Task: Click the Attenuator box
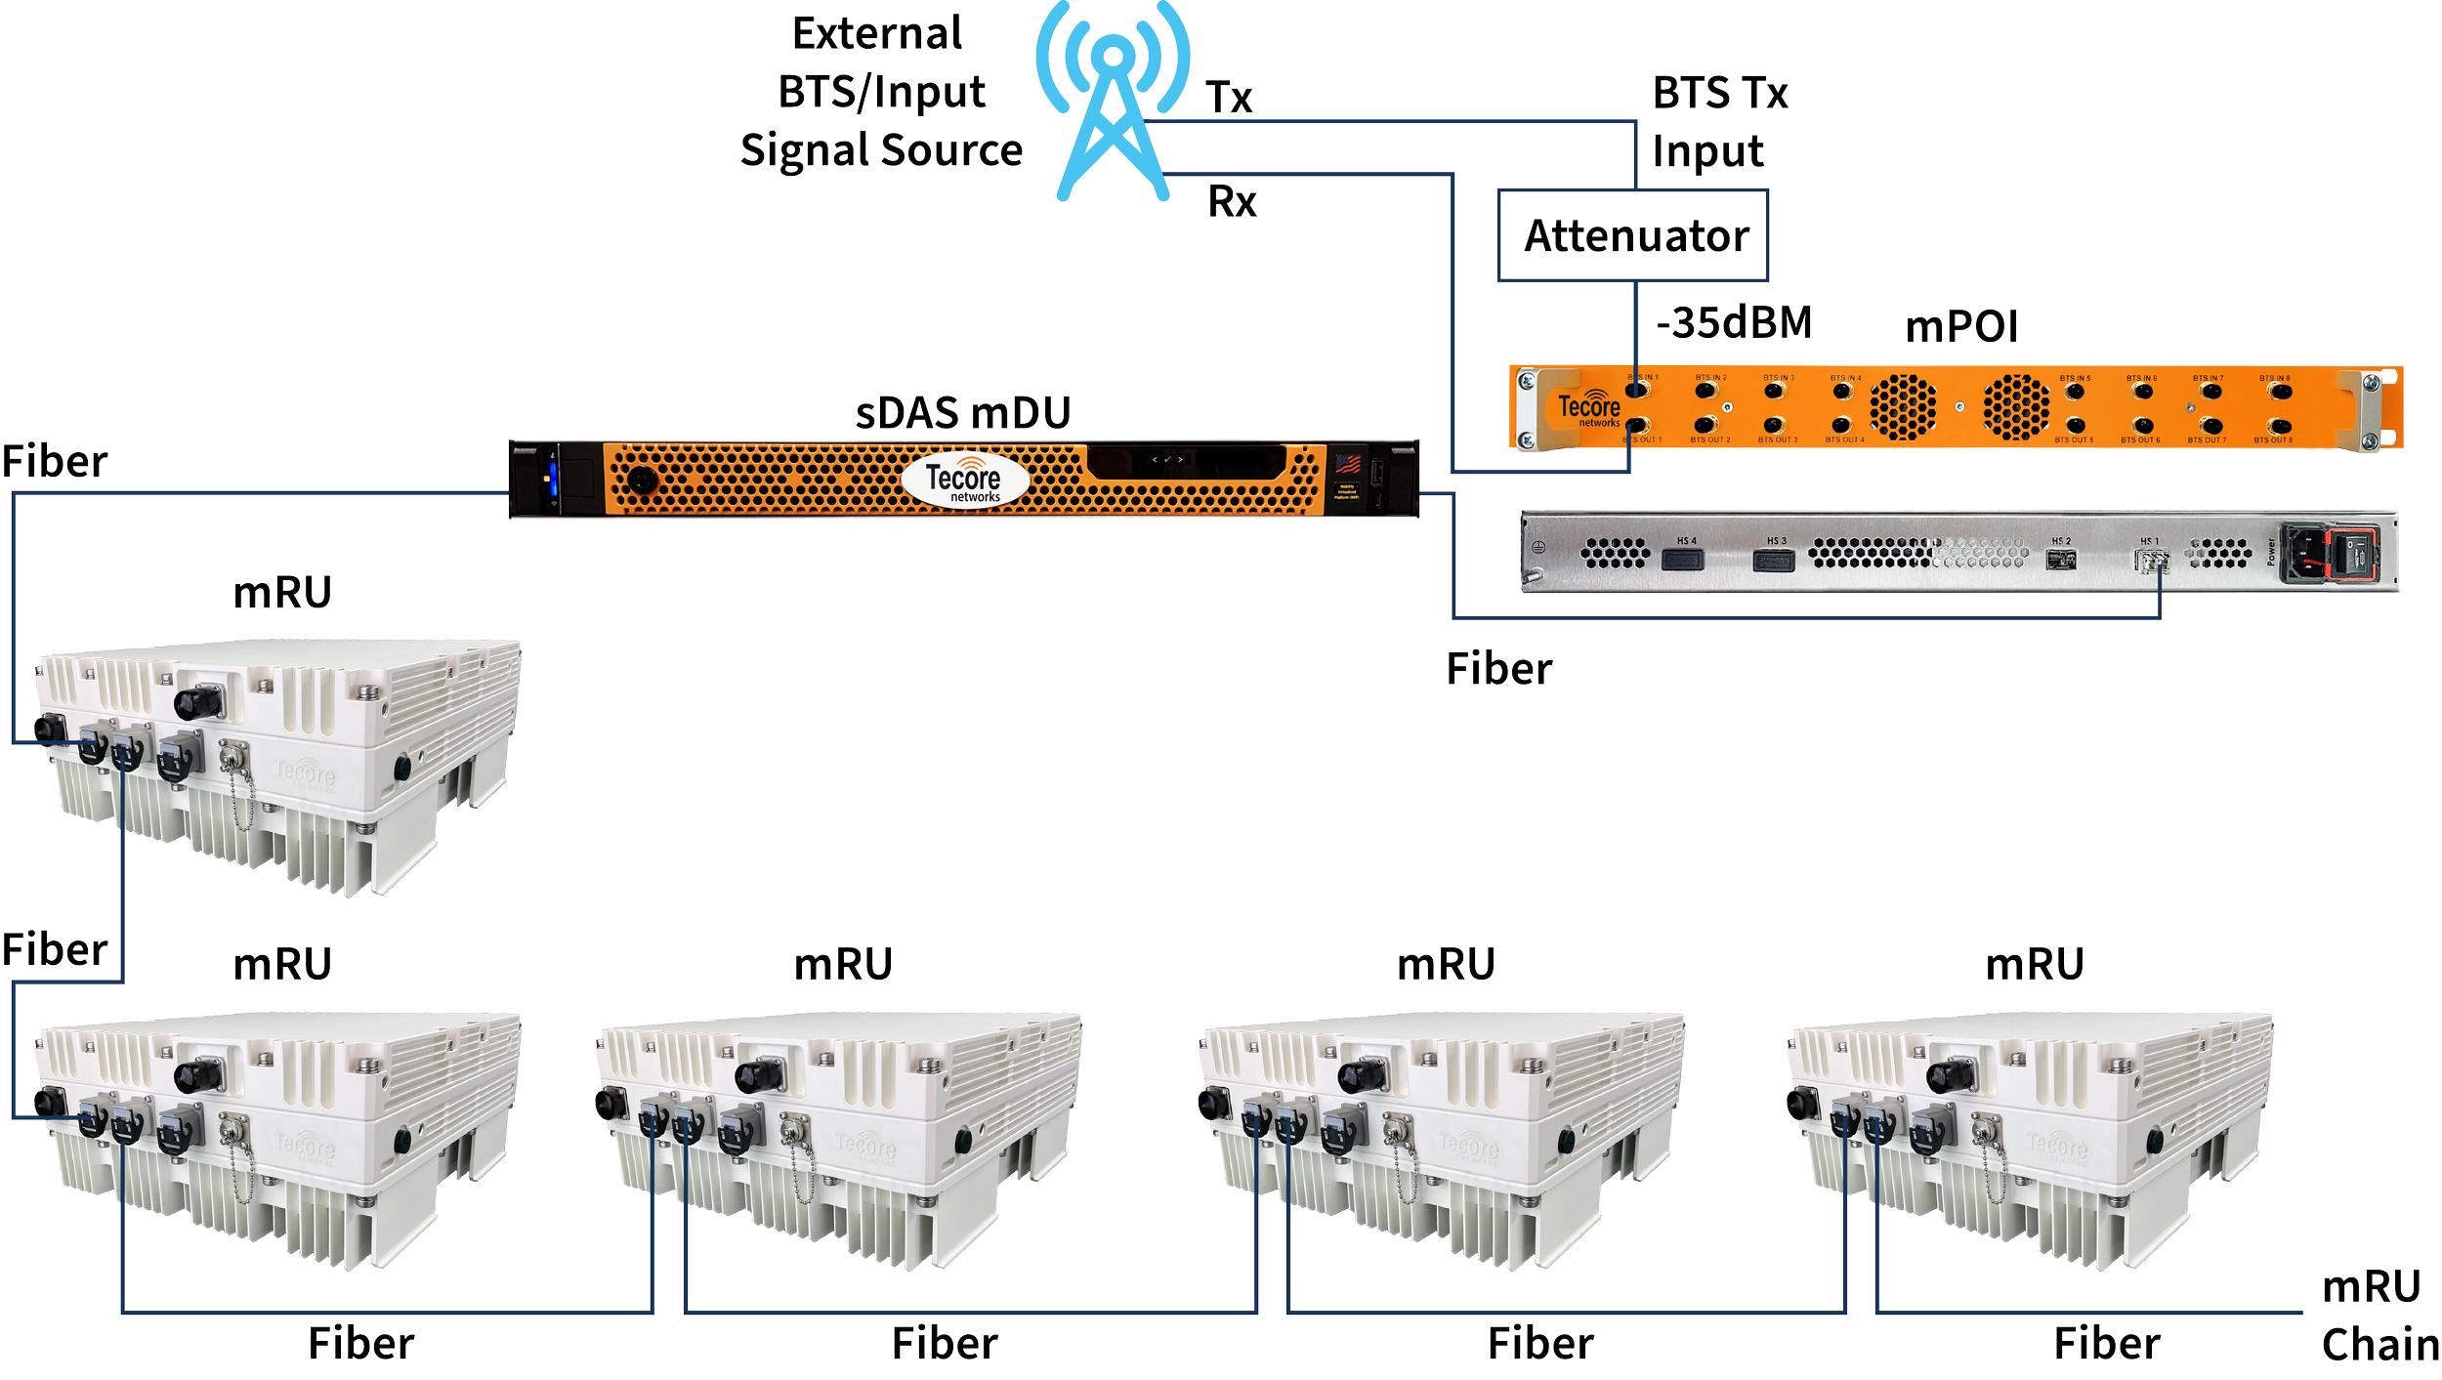pyautogui.click(x=1633, y=236)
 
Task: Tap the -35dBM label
pyautogui.click(x=1734, y=323)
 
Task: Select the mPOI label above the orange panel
pyautogui.click(x=1961, y=326)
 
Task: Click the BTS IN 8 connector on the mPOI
pyautogui.click(x=2280, y=392)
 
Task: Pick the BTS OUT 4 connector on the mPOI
pyautogui.click(x=1842, y=426)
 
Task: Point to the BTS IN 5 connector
pyautogui.click(x=2076, y=392)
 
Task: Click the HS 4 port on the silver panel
pyautogui.click(x=1682, y=560)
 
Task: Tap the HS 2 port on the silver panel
pyautogui.click(x=2061, y=560)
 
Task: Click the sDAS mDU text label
pyautogui.click(x=962, y=413)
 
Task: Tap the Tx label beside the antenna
pyautogui.click(x=1229, y=98)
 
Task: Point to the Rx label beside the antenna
pyautogui.click(x=1232, y=202)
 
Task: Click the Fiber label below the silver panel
pyautogui.click(x=1498, y=670)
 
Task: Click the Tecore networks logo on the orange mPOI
pyautogui.click(x=1589, y=409)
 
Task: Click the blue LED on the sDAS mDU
pyautogui.click(x=551, y=480)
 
